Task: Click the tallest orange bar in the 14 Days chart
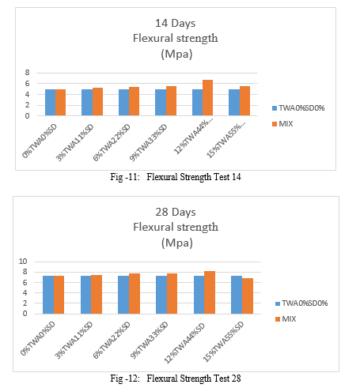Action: point(207,98)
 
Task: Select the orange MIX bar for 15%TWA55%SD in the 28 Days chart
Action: point(248,296)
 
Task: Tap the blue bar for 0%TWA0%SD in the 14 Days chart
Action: point(50,103)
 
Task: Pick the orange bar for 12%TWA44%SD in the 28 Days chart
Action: point(210,292)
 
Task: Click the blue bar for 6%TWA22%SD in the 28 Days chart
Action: point(123,295)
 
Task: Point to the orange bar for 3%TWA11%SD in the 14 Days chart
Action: point(97,102)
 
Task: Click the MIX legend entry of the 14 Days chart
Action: point(282,124)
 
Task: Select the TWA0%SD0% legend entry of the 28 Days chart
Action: point(301,303)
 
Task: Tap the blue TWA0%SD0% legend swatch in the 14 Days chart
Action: point(275,108)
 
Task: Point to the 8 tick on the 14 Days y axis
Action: point(27,73)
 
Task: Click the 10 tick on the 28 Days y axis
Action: point(23,262)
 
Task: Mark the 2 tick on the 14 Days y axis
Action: point(27,105)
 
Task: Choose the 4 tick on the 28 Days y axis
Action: point(25,292)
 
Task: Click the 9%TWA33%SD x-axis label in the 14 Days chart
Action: point(149,142)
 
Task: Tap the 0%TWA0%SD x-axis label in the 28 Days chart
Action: point(38,338)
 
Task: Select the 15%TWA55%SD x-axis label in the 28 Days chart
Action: point(223,341)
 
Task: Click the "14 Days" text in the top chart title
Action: point(176,23)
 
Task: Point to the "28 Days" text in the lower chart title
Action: point(176,212)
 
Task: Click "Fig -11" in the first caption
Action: point(125,177)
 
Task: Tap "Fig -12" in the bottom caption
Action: point(125,379)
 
